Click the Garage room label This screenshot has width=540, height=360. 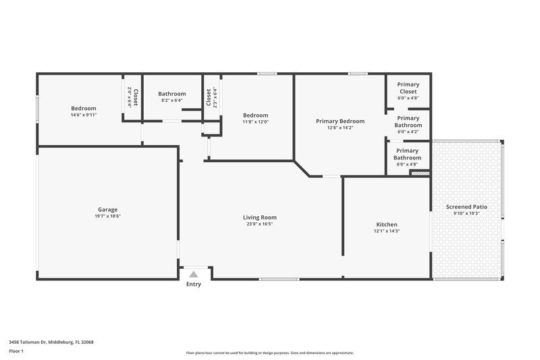[x=108, y=210]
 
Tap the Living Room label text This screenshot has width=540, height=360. [x=260, y=217]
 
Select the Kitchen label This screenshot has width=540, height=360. [x=387, y=224]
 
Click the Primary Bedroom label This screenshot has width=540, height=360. [x=340, y=122]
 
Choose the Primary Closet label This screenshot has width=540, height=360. [x=408, y=88]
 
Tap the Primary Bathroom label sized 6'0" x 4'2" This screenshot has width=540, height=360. [x=408, y=122]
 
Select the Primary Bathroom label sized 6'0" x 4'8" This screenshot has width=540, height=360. [x=408, y=155]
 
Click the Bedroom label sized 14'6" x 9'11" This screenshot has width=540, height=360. [x=84, y=108]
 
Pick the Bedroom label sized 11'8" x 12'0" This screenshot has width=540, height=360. [x=256, y=115]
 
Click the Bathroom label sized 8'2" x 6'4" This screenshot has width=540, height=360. [x=172, y=94]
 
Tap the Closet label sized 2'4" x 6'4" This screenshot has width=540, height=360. [x=135, y=98]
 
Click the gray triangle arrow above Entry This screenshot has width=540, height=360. [x=194, y=274]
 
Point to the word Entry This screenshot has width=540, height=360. [x=194, y=284]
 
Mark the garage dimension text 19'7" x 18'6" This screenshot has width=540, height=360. [x=108, y=217]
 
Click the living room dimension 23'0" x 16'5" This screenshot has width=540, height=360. [x=260, y=224]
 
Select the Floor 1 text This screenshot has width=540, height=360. [x=18, y=352]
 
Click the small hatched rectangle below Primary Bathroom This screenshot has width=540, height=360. [x=420, y=174]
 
